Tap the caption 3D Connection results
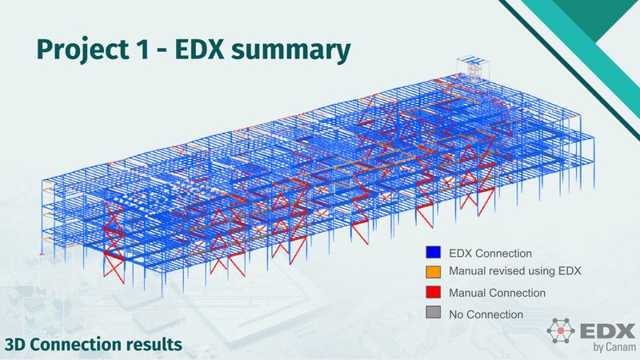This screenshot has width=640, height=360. [x=94, y=345]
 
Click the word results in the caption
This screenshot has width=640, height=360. [x=154, y=345]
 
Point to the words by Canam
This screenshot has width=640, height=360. [x=610, y=346]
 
